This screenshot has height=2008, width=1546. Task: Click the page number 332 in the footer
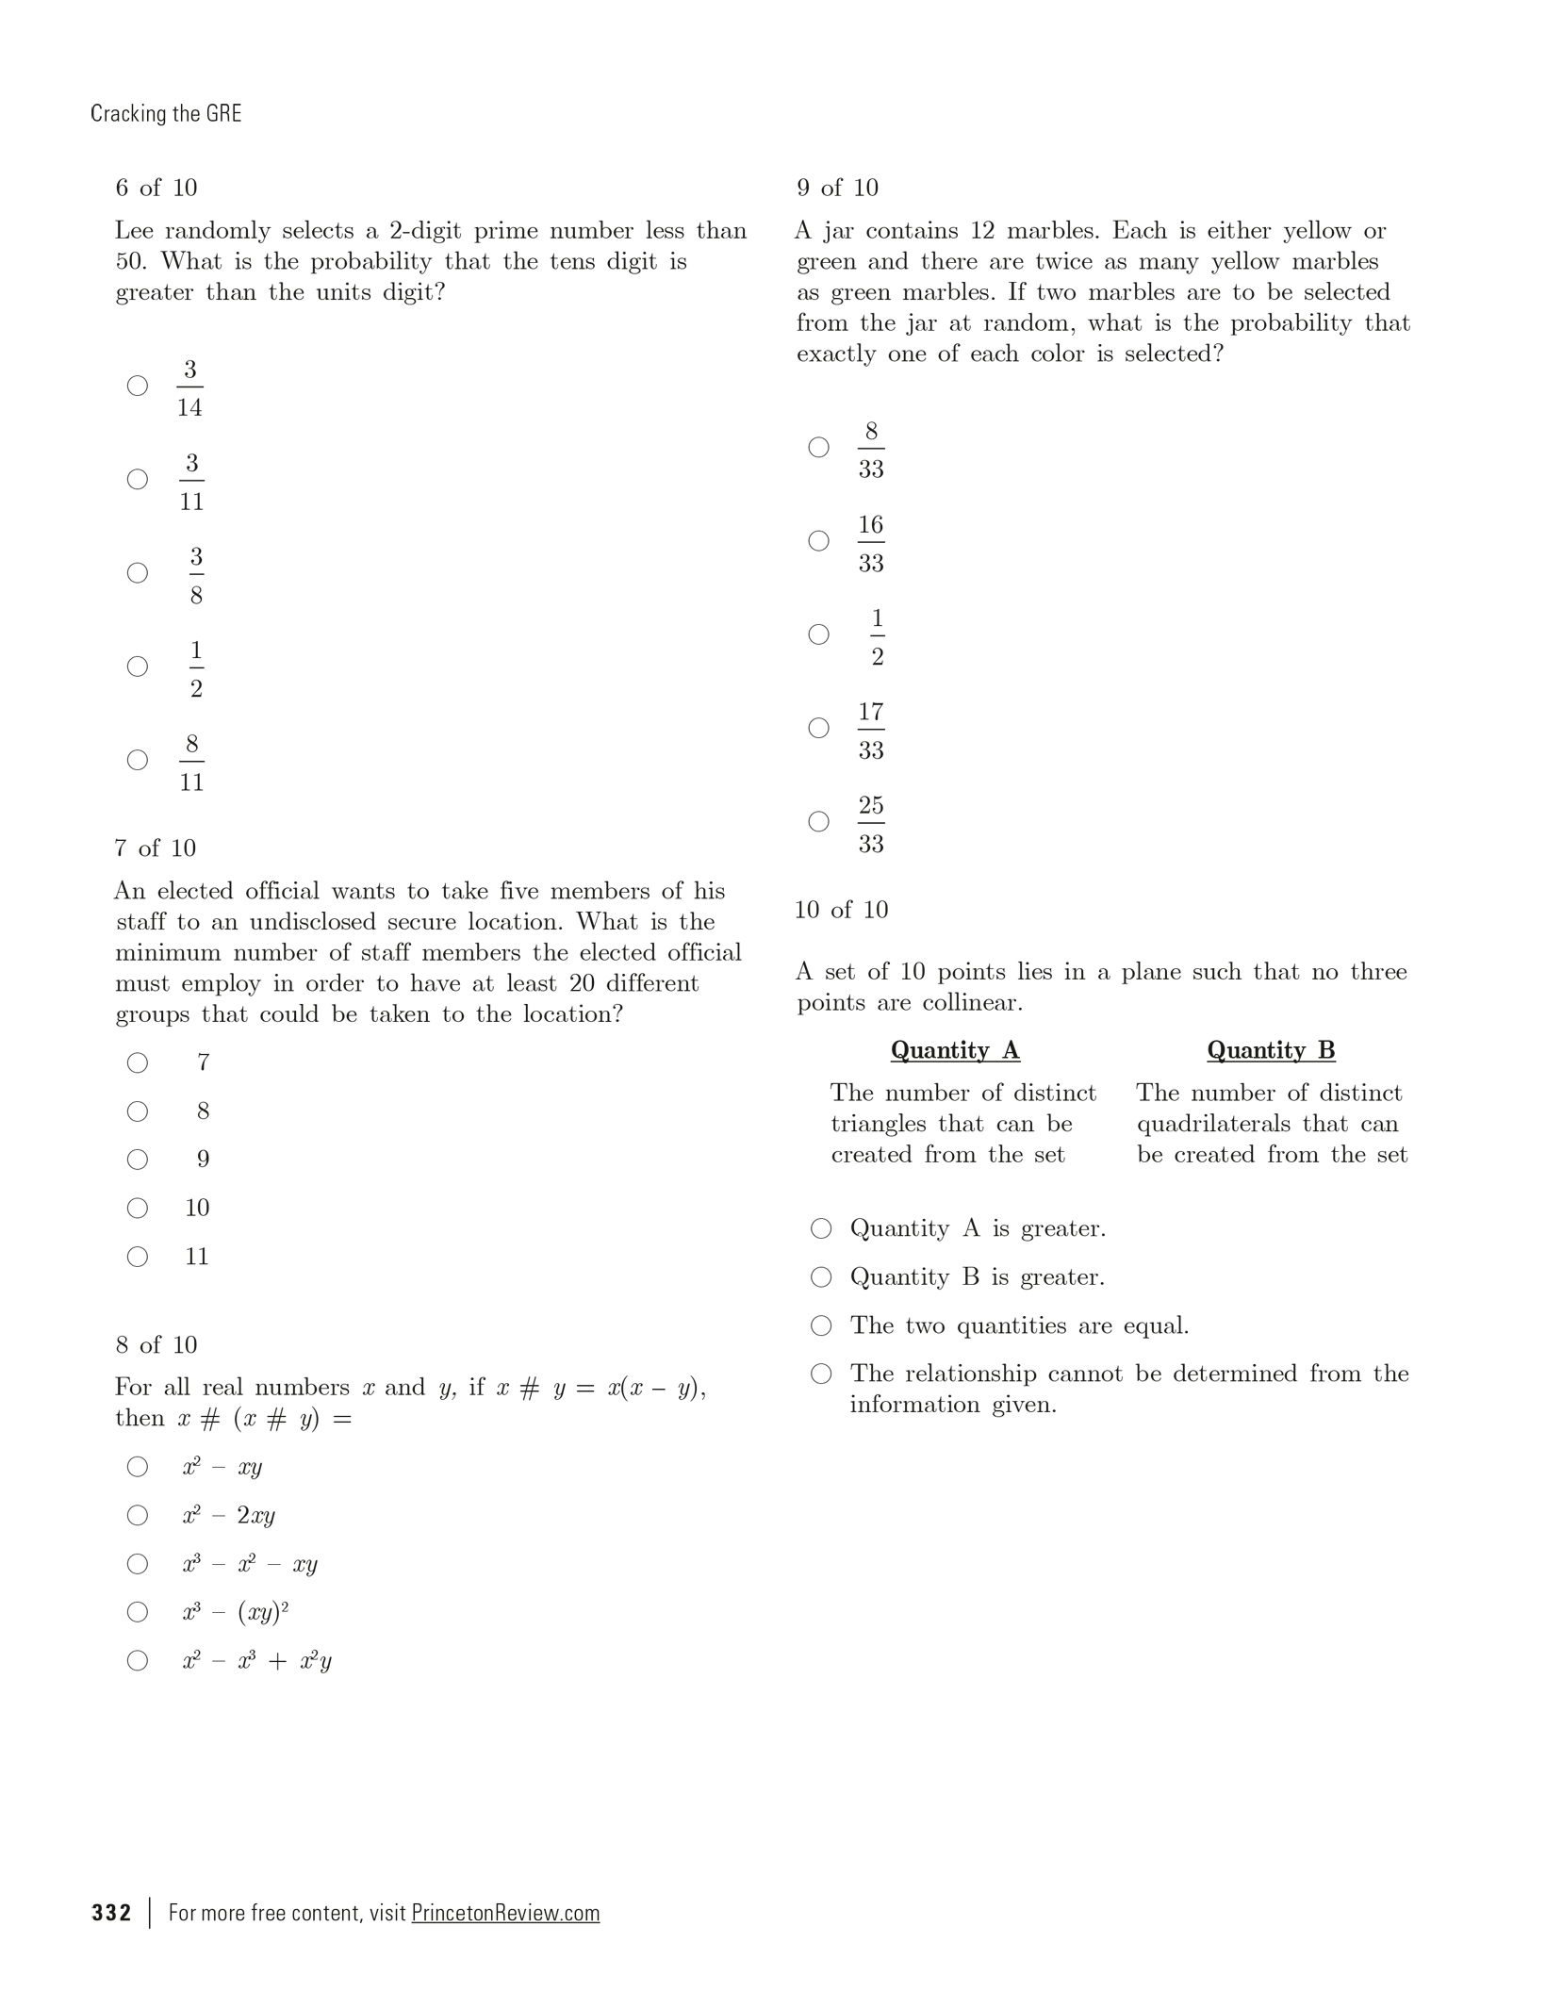[111, 1913]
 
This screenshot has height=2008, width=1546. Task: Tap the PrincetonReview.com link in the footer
[505, 1913]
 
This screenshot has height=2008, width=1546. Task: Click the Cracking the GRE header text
[166, 114]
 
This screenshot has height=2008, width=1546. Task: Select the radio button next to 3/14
[138, 386]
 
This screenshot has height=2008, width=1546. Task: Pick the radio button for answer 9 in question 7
[138, 1160]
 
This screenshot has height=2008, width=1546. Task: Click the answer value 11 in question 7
[196, 1257]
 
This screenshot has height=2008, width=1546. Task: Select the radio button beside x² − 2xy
[138, 1515]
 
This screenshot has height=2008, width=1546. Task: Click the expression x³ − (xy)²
[235, 1612]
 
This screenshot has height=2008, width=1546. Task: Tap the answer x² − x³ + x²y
[256, 1661]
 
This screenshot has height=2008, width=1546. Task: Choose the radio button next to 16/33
[819, 541]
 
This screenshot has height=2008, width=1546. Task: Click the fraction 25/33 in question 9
[871, 824]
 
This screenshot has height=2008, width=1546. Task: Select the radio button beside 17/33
[819, 728]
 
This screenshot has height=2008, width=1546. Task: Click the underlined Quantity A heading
[955, 1050]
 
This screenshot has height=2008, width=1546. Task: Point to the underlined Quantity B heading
[1271, 1050]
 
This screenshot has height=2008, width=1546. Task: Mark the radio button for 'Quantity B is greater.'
[822, 1277]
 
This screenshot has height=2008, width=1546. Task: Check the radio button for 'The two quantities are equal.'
[822, 1325]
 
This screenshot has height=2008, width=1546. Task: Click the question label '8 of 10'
[156, 1344]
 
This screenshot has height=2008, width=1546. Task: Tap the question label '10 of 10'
[842, 910]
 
